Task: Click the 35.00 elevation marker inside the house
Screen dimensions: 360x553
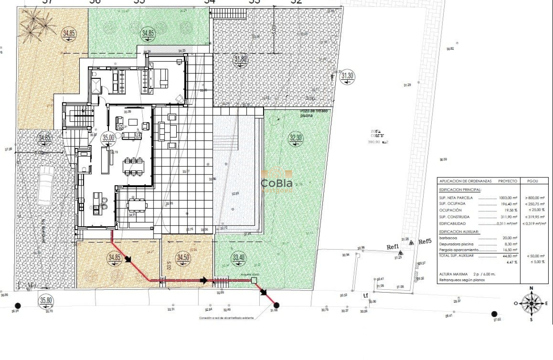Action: click(108, 138)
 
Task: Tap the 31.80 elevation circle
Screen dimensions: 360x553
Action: click(240, 60)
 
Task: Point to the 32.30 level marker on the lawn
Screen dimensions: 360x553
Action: click(296, 138)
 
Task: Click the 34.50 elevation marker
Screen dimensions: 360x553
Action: click(183, 258)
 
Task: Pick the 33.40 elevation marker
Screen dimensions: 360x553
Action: click(238, 258)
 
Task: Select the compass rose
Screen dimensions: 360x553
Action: click(532, 303)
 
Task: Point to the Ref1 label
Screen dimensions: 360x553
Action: click(393, 247)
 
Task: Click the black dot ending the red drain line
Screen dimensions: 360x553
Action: click(276, 305)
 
